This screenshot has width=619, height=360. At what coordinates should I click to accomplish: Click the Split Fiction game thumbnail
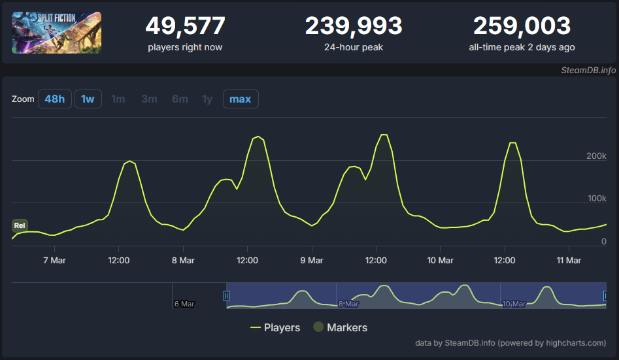coord(56,33)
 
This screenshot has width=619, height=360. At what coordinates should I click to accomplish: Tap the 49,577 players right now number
coord(185,25)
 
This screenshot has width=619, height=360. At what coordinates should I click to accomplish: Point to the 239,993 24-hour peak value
coord(354,25)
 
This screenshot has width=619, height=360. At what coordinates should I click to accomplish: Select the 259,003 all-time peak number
coord(522,25)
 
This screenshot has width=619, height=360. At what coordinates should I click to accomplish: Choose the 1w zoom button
coord(88,99)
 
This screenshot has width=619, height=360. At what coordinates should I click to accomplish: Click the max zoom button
coord(241,99)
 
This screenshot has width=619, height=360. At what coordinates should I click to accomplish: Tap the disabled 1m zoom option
coord(118,99)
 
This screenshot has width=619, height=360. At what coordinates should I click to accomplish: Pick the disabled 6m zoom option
coord(180,99)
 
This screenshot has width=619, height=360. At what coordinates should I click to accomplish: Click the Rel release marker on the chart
coord(20,225)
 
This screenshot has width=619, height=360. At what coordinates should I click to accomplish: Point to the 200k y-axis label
coord(596,156)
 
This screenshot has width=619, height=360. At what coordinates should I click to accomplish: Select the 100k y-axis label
coord(597,198)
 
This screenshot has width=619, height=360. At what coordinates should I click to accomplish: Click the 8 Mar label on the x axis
coord(183,261)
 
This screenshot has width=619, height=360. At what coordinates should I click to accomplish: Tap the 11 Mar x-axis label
coord(569,261)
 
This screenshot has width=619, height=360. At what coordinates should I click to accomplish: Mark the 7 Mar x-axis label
coord(54,261)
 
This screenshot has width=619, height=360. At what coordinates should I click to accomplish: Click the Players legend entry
coord(275,327)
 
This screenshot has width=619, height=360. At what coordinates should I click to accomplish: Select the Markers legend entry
coord(341,327)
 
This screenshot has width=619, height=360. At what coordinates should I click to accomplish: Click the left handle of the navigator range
coord(226,296)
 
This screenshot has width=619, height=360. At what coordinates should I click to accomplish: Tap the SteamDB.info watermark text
coord(588,71)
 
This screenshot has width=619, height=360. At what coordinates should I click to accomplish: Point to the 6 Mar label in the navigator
coord(184,304)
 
